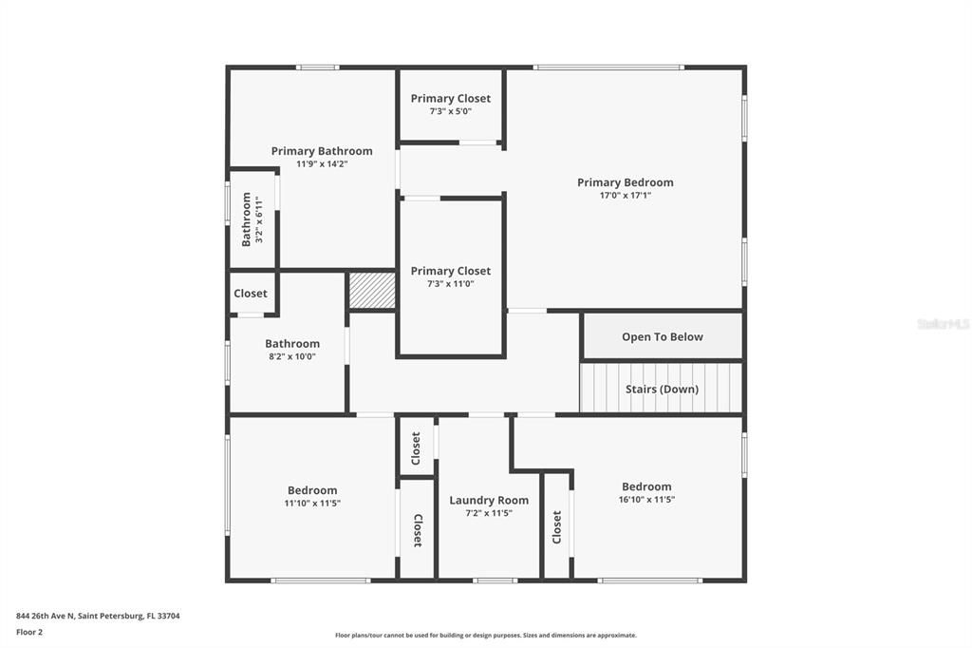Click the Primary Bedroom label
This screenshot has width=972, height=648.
tap(625, 182)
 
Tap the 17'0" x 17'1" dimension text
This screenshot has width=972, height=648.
tap(625, 196)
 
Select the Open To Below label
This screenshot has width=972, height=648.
tap(662, 336)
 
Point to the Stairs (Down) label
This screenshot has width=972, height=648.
tap(662, 389)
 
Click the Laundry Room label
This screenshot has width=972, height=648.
tap(489, 500)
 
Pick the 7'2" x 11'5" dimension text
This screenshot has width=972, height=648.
tap(489, 513)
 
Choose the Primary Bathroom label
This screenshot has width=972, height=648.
tap(322, 151)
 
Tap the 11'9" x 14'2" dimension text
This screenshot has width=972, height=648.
tap(322, 163)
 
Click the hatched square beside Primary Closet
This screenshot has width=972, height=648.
tap(372, 291)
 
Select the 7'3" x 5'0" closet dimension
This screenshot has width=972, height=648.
tap(450, 111)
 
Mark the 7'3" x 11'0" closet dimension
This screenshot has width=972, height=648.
tap(450, 283)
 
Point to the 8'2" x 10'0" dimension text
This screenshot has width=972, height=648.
tap(292, 356)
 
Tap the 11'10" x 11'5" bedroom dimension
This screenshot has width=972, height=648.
tap(312, 504)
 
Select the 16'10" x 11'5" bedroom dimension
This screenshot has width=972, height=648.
tap(646, 500)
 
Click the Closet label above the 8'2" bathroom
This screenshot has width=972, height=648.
tap(251, 294)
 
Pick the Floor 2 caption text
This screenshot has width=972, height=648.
tap(29, 632)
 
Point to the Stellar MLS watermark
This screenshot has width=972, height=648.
tap(943, 324)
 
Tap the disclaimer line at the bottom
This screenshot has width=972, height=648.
tap(485, 636)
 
